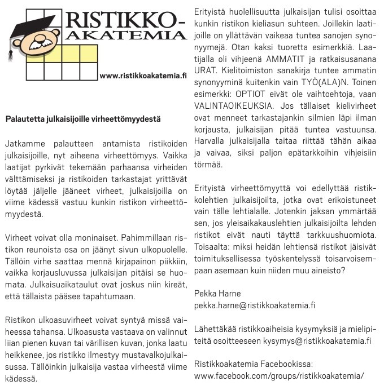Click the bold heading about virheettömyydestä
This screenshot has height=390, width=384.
[83, 119]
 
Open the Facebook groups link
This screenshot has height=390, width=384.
[278, 376]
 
